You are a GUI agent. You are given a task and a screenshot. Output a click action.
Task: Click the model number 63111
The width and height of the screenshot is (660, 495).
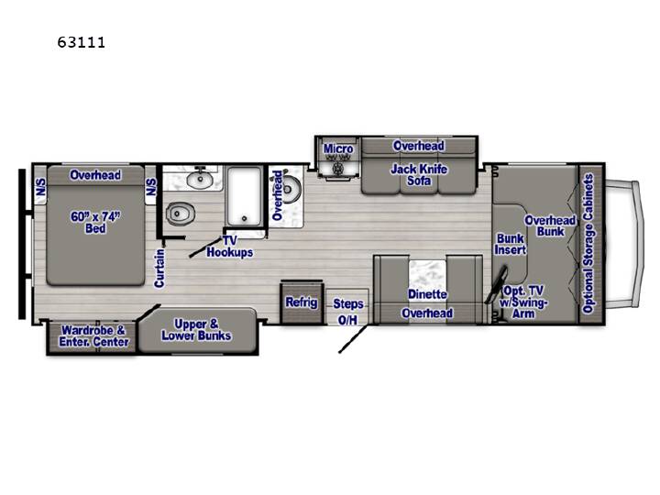[x=82, y=42]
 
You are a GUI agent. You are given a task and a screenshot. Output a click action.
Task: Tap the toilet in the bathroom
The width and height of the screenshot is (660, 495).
[x=180, y=214]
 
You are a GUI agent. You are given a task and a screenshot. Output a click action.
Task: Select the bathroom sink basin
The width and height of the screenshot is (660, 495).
[x=199, y=180]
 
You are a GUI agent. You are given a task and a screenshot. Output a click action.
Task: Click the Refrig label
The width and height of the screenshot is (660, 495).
[x=302, y=302]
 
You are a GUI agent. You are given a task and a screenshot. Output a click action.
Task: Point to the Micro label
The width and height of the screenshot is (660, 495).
[x=338, y=148]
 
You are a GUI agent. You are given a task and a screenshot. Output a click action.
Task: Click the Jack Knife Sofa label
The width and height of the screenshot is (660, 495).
[x=419, y=175]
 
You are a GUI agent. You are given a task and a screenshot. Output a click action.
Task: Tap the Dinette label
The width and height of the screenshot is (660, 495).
[x=427, y=294]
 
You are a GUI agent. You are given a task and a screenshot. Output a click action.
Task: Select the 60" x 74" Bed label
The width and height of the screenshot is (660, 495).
[x=95, y=222]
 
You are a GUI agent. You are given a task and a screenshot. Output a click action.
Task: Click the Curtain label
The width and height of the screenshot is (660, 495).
[x=159, y=268]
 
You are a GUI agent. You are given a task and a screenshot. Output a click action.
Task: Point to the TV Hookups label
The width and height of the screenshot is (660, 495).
[x=230, y=247]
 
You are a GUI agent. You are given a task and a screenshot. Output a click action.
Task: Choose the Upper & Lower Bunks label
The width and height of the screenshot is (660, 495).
[x=196, y=330]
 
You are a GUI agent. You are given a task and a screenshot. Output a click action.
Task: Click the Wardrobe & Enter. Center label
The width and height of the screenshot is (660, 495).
[x=93, y=335]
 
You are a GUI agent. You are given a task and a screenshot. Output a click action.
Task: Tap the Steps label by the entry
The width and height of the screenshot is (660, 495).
[x=348, y=303]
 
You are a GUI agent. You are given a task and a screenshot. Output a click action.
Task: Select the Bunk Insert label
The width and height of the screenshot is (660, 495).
[x=511, y=244]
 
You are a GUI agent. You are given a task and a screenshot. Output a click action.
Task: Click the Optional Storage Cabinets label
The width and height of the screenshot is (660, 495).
[x=588, y=243]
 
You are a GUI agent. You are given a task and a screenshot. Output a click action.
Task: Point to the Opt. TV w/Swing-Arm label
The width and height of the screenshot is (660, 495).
[x=523, y=302]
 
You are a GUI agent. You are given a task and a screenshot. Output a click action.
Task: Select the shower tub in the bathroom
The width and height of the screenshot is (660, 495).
[x=245, y=196]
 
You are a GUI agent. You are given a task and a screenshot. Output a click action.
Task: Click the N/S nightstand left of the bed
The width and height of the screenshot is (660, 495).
[x=40, y=185]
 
